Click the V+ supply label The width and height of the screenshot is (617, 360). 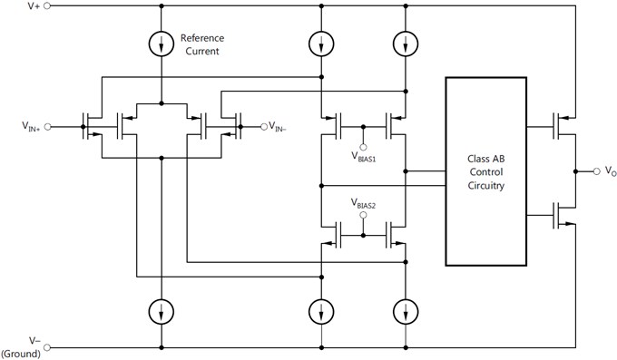[x=33, y=6]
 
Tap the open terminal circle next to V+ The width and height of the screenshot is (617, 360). [x=47, y=6]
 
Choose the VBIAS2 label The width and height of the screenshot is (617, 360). [x=364, y=206]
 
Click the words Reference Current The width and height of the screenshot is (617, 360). [x=201, y=44]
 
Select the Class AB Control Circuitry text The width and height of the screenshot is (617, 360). [x=485, y=171]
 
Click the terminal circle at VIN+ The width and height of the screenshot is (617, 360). [x=47, y=126]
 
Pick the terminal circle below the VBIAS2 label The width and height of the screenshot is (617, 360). [x=364, y=218]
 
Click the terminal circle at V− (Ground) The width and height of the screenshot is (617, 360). [x=47, y=346]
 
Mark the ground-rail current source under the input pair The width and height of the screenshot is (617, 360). [x=162, y=311]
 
